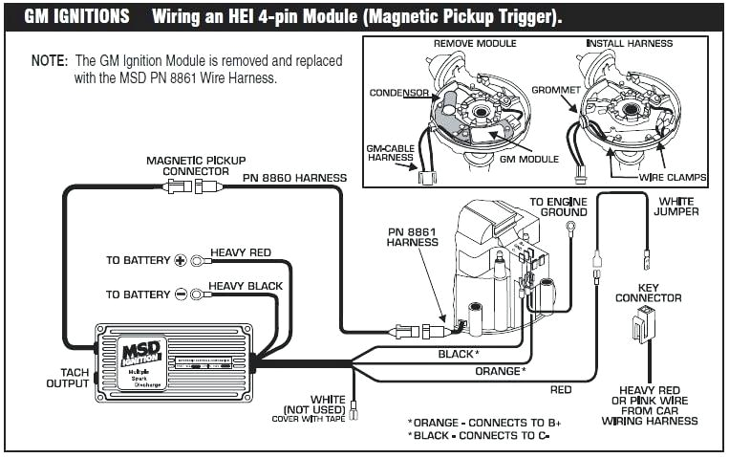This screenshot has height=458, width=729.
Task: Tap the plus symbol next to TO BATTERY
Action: (x=179, y=260)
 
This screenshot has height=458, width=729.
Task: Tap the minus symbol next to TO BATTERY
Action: (x=179, y=294)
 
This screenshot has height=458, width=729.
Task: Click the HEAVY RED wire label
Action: (x=241, y=252)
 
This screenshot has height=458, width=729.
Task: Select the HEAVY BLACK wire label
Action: (x=246, y=286)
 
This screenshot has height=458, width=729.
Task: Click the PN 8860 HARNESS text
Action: (x=294, y=178)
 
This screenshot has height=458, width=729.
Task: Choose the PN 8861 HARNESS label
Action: (x=413, y=236)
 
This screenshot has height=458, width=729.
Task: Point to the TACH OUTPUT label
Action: (x=67, y=378)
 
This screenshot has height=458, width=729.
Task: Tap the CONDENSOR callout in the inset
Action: (x=398, y=93)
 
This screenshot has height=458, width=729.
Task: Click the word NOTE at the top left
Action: (x=49, y=59)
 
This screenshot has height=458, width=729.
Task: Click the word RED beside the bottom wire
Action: (x=561, y=390)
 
